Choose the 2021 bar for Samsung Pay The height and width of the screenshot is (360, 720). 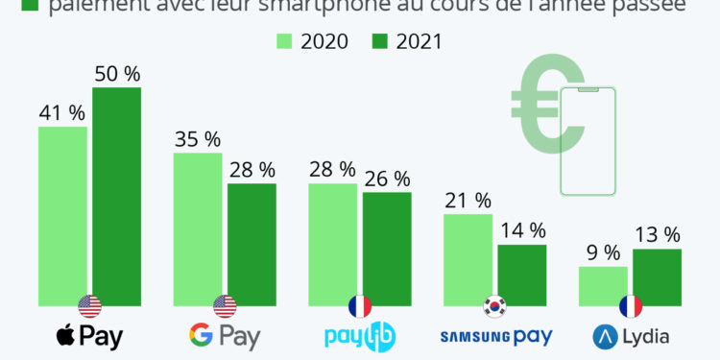[521, 275]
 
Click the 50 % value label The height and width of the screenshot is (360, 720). [116, 72]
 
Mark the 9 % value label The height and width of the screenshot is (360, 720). [603, 252]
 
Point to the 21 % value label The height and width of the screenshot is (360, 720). [468, 200]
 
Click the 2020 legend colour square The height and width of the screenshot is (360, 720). [284, 41]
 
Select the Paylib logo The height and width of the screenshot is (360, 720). [359, 336]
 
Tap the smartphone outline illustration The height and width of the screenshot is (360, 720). [587, 139]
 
